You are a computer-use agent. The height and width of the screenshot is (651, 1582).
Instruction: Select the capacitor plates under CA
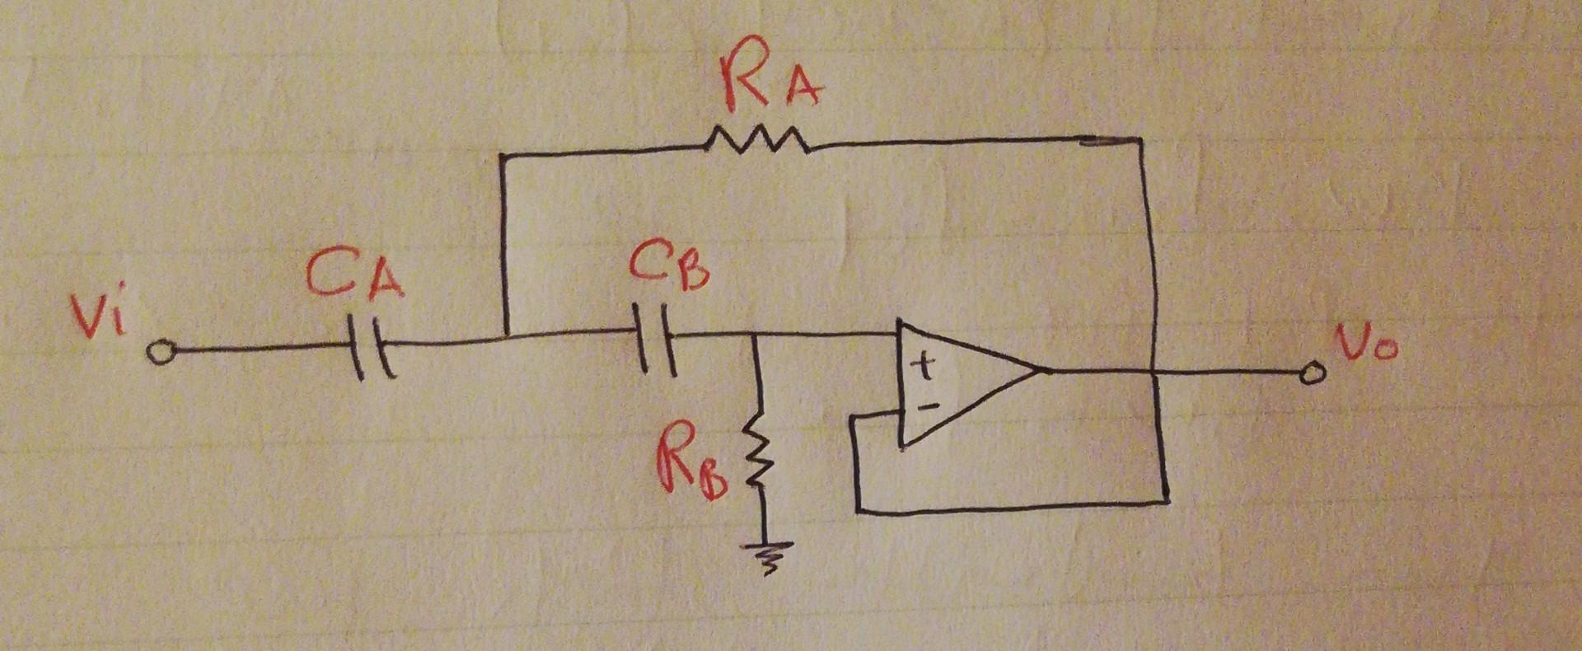point(371,347)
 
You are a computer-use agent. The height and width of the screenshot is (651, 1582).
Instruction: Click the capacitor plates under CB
point(657,339)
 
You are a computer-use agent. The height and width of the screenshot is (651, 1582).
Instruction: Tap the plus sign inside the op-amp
point(926,367)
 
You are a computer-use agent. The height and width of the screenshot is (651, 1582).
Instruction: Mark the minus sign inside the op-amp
point(927,405)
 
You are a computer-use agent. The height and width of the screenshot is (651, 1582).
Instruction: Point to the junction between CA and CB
point(505,336)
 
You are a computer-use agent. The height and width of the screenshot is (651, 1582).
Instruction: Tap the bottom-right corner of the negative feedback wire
point(1166,499)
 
